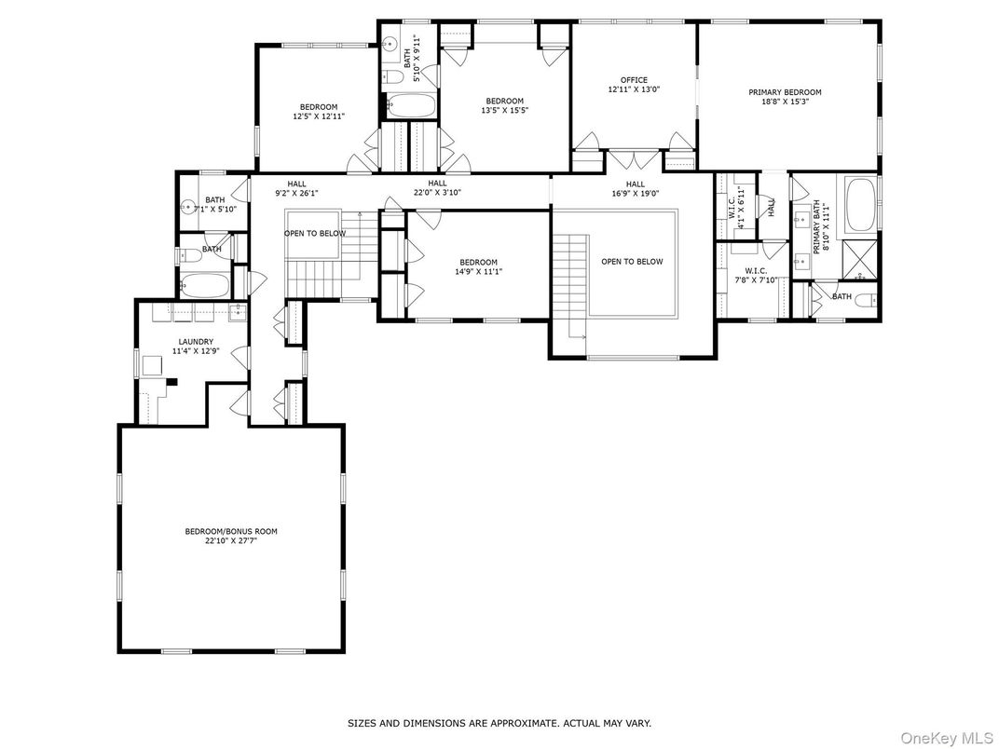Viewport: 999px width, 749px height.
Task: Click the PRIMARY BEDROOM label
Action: [x=785, y=92]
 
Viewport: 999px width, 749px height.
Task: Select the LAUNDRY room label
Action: [x=197, y=342]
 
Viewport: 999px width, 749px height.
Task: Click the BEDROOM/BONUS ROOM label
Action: [x=230, y=531]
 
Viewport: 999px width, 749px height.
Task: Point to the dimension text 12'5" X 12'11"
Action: [x=318, y=117]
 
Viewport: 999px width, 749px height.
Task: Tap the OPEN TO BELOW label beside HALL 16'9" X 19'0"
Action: [x=631, y=262]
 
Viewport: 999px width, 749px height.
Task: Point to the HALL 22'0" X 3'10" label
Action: [x=437, y=188]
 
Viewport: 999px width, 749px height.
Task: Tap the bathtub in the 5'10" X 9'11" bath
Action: [x=410, y=105]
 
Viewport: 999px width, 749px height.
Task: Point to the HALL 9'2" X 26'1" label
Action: [x=296, y=189]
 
